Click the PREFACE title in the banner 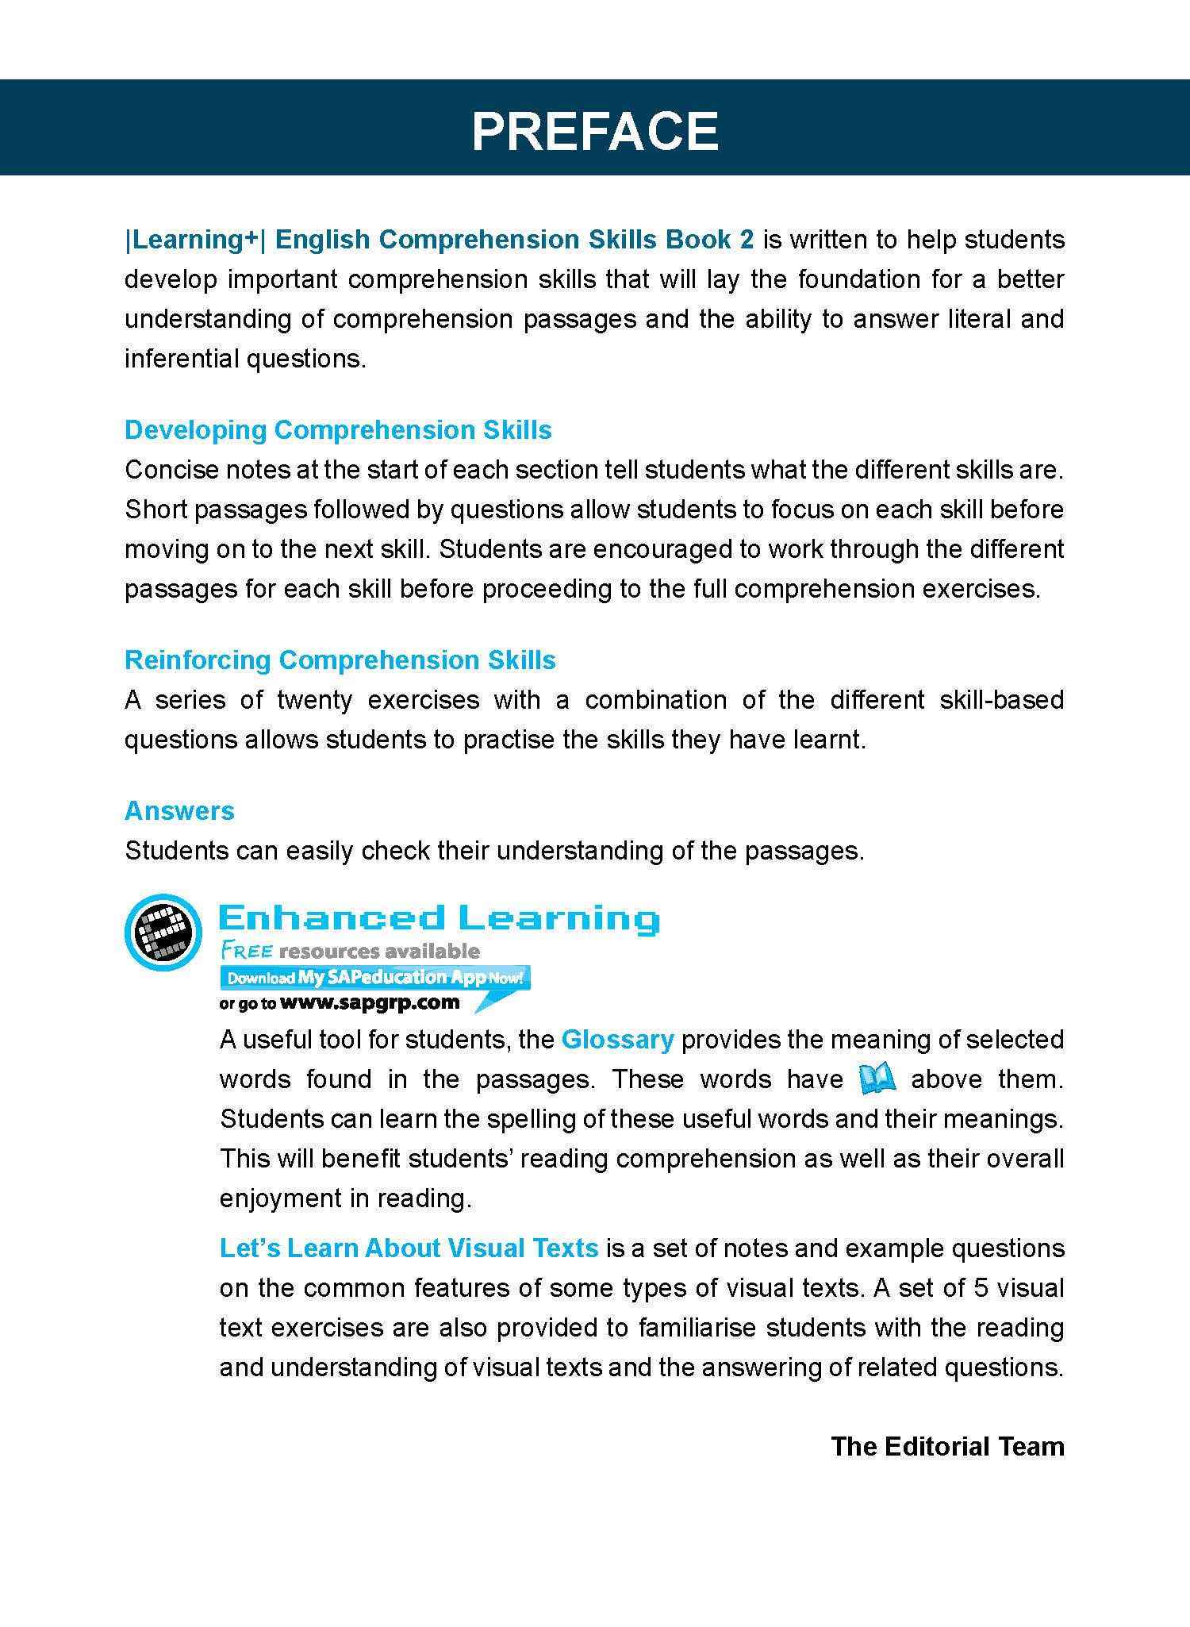594,131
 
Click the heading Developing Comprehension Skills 338,430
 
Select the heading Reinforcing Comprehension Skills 340,660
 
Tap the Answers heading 180,811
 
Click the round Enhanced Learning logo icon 163,933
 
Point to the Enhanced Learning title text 439,918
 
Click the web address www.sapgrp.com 370,1002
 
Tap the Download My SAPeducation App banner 374,978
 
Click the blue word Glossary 617,1040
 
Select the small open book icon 877,1079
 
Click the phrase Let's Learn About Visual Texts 409,1248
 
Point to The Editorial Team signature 947,1446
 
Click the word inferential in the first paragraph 182,359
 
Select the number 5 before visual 981,1287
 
